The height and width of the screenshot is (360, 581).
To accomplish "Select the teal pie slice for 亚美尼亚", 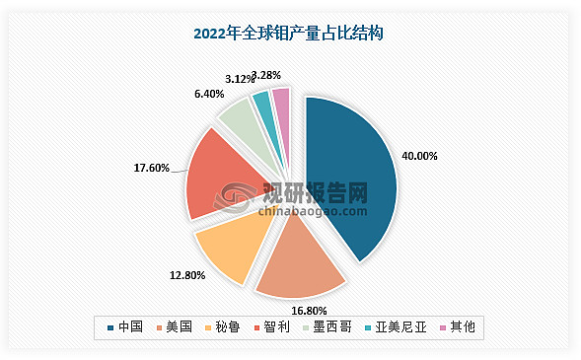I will click(261, 103).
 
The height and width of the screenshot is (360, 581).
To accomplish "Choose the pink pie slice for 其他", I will click(281, 100).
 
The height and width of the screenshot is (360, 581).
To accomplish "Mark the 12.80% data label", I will click(184, 275).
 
